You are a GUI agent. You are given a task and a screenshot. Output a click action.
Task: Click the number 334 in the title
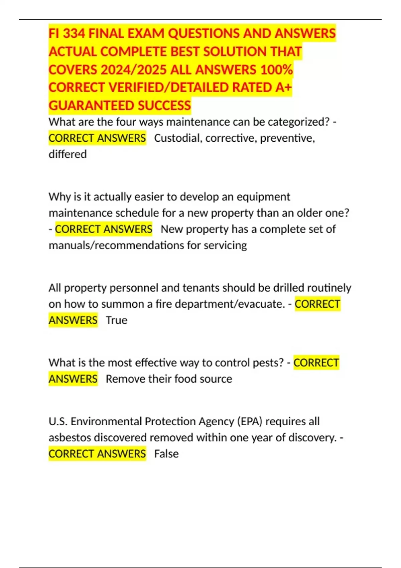pyautogui.click(x=74, y=34)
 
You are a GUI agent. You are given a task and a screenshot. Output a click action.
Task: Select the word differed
pyautogui.click(x=68, y=154)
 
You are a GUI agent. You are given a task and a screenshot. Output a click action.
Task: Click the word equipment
pyautogui.click(x=263, y=197)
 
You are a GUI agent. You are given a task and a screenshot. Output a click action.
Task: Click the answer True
pyautogui.click(x=116, y=320)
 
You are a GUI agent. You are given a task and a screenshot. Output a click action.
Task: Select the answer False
pyautogui.click(x=166, y=454)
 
